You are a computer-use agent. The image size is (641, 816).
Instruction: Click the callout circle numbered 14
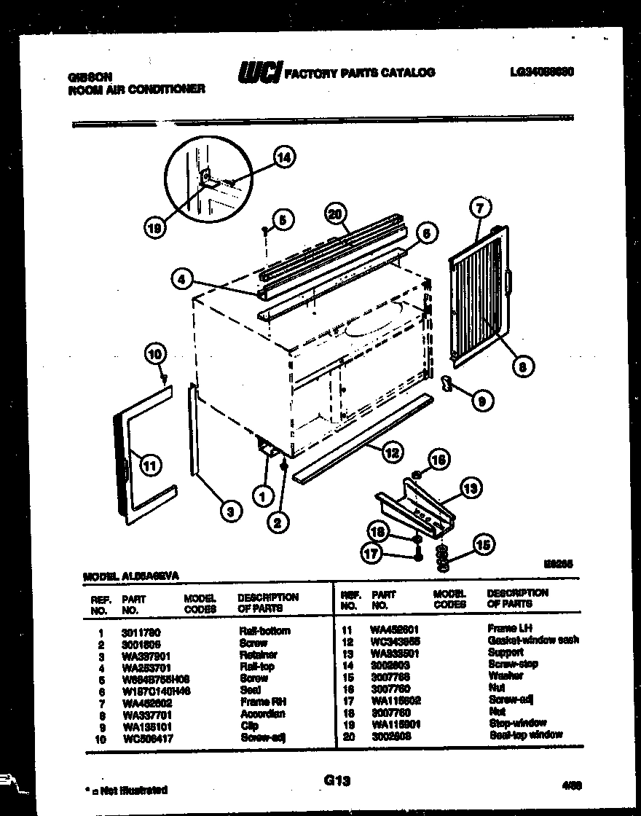(285, 157)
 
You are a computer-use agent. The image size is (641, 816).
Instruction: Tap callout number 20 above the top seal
(335, 215)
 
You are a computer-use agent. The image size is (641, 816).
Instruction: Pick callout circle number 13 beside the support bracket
(472, 487)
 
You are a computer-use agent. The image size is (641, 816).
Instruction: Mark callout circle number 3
(229, 512)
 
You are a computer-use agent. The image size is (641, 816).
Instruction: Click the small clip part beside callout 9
(448, 383)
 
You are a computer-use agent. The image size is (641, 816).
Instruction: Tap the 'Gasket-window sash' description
(532, 640)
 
